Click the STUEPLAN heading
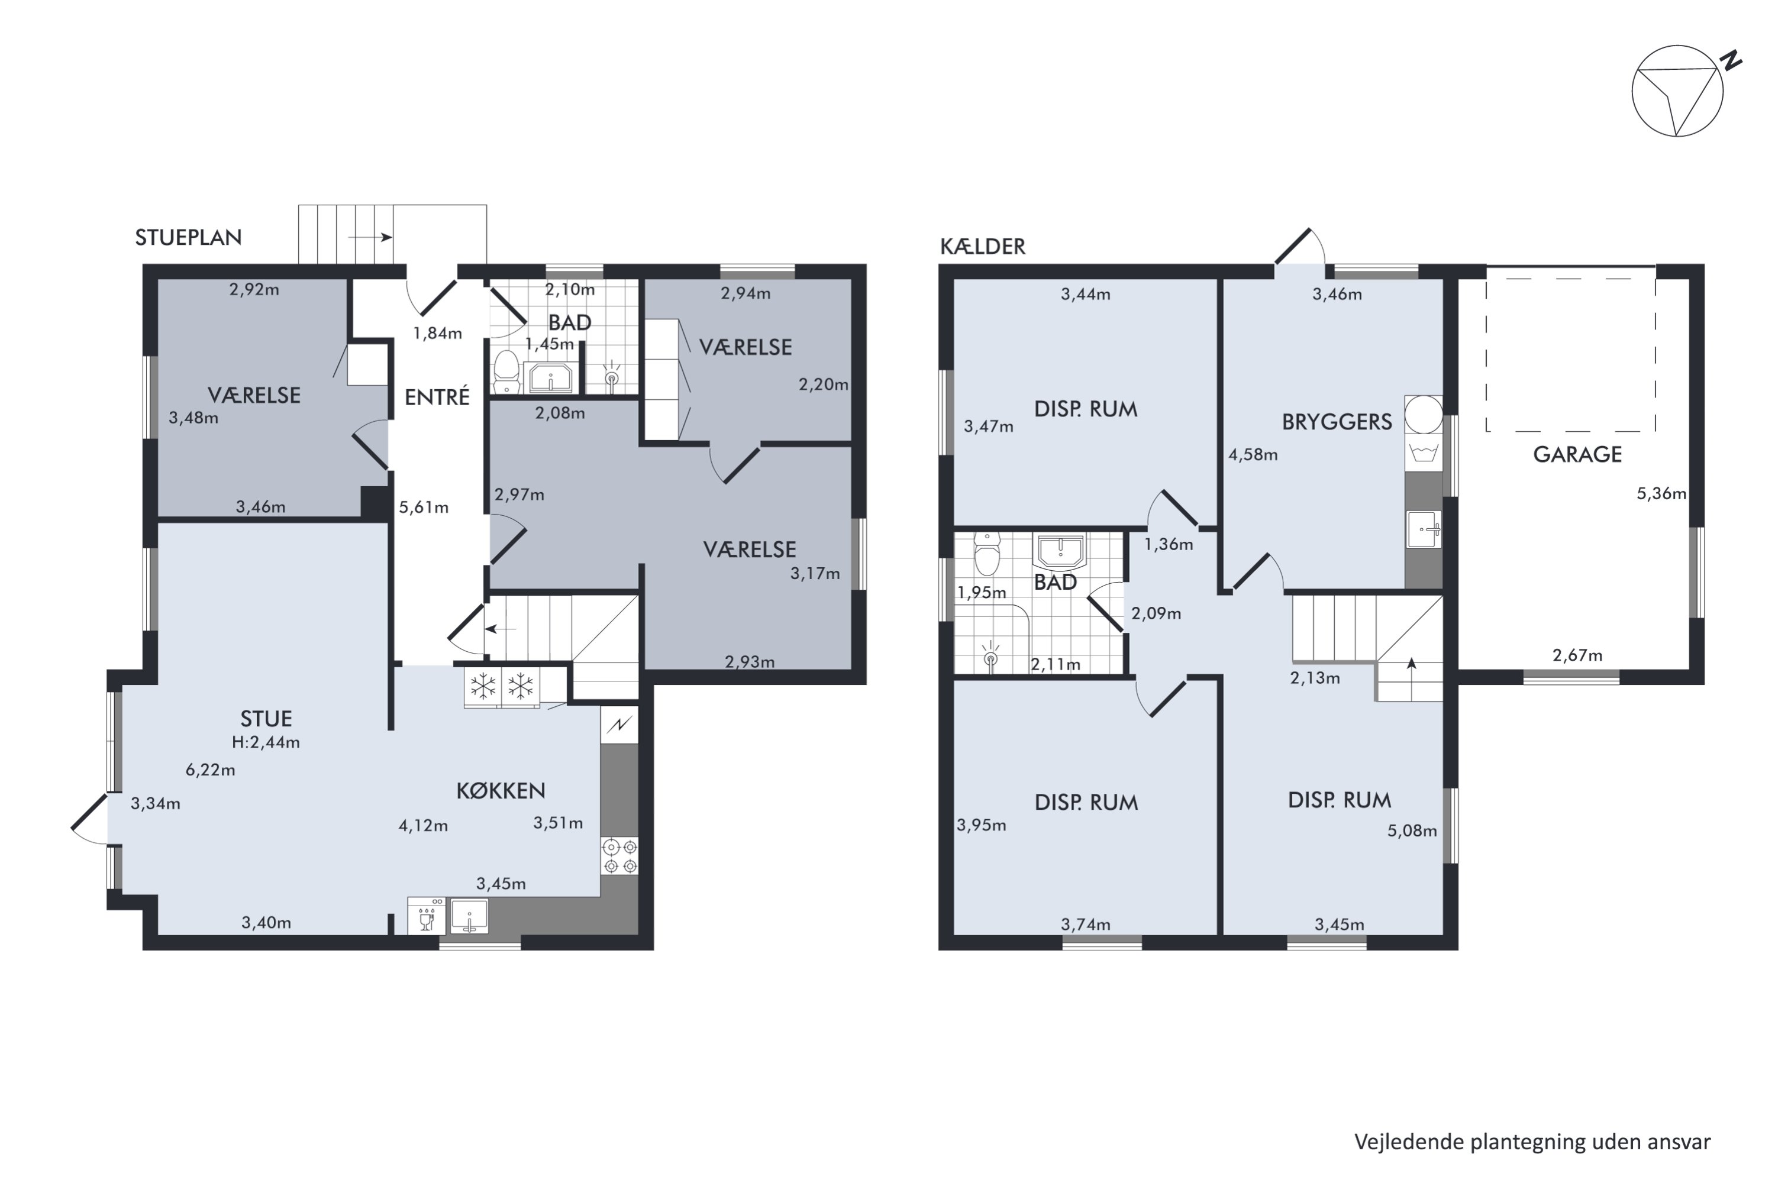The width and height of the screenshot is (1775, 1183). click(x=188, y=238)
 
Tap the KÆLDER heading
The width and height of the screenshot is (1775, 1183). click(x=982, y=247)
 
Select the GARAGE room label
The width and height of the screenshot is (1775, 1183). click(x=1577, y=454)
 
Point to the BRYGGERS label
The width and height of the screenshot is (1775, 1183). click(x=1337, y=422)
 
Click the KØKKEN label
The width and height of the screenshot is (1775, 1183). click(x=501, y=791)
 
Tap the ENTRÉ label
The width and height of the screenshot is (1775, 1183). click(x=437, y=397)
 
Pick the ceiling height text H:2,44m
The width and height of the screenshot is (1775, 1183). click(x=266, y=742)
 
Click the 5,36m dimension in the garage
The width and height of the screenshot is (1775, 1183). click(x=1661, y=494)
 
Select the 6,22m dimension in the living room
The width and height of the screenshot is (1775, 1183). click(x=211, y=770)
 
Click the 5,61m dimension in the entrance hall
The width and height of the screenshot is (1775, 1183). click(x=424, y=508)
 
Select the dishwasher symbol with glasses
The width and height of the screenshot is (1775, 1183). click(x=427, y=915)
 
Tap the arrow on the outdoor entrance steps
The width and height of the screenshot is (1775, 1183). click(x=370, y=238)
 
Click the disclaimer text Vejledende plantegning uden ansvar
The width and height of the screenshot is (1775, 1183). click(x=1532, y=1142)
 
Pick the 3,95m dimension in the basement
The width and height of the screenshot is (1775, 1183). click(x=981, y=825)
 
